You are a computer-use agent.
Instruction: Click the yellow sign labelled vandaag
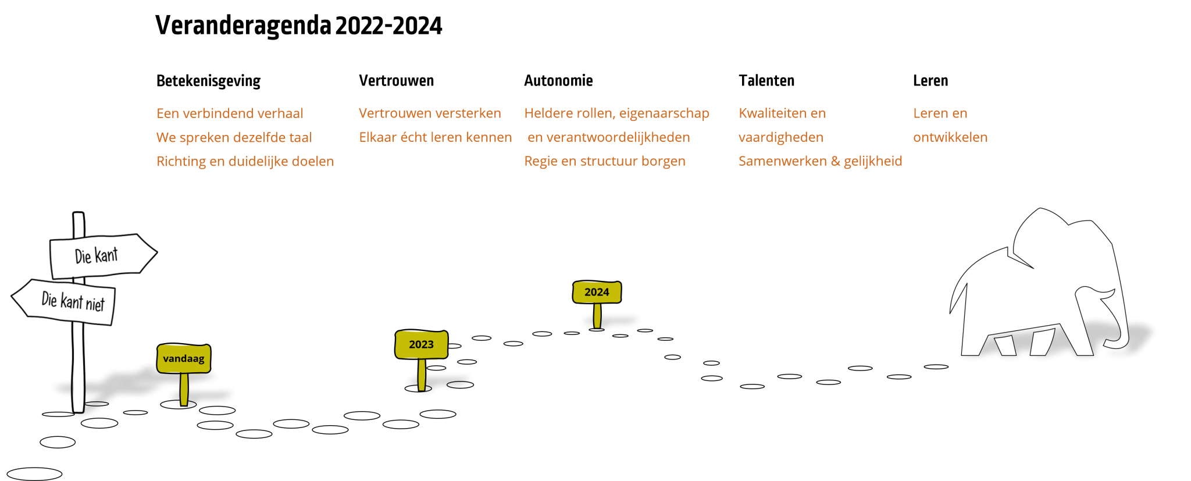click(184, 358)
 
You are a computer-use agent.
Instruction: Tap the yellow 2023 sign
click(422, 344)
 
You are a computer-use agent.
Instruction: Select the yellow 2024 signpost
click(597, 292)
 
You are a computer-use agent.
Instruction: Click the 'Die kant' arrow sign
click(99, 255)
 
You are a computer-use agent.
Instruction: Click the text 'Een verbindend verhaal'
click(230, 113)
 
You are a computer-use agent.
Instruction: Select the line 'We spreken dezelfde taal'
click(234, 138)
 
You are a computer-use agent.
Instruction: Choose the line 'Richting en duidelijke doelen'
click(245, 162)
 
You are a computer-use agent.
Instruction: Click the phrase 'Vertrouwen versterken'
click(430, 113)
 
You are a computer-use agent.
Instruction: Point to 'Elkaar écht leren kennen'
click(435, 138)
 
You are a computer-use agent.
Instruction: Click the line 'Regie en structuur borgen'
click(604, 162)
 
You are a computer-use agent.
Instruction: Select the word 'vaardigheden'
click(780, 138)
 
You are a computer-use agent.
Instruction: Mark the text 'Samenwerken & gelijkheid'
click(820, 162)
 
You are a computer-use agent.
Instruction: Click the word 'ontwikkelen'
click(950, 138)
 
